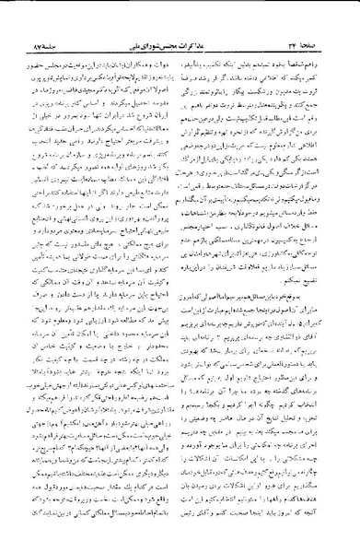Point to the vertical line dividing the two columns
click(180, 276)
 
